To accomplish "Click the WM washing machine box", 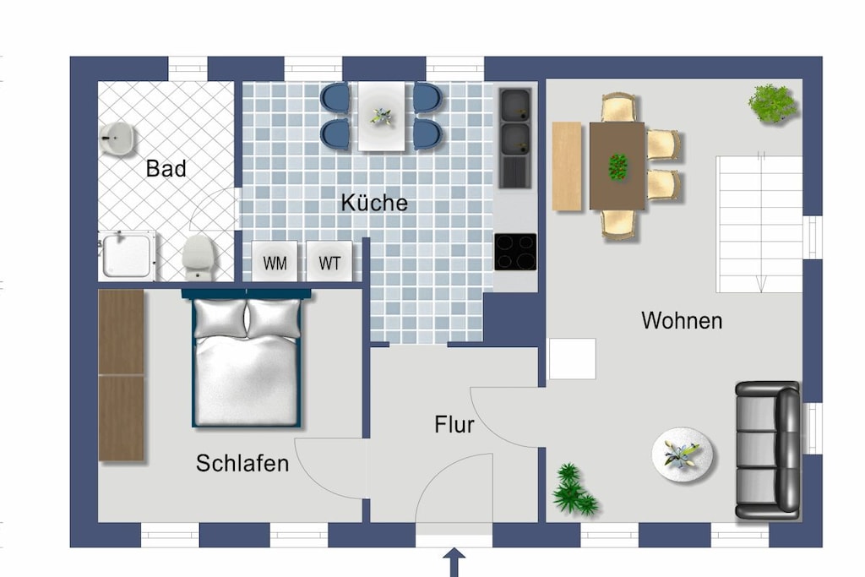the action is (x=275, y=262).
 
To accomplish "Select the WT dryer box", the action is (x=329, y=262).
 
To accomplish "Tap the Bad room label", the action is (x=166, y=169).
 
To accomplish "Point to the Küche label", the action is (x=374, y=203).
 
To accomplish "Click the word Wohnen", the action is (x=682, y=320).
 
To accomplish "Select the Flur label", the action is (x=454, y=425).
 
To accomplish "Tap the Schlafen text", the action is (x=242, y=463).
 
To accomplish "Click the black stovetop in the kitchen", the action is (x=515, y=252).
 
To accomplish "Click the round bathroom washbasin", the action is (x=117, y=138).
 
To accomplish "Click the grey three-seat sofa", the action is (x=767, y=450).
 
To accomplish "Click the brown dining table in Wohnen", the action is (x=617, y=166).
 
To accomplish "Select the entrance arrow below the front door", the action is (x=454, y=562).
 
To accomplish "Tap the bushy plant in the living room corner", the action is (x=772, y=103).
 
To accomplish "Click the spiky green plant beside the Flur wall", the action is (x=574, y=490).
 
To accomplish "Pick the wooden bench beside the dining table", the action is (x=567, y=166).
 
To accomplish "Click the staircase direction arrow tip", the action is (x=761, y=291).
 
